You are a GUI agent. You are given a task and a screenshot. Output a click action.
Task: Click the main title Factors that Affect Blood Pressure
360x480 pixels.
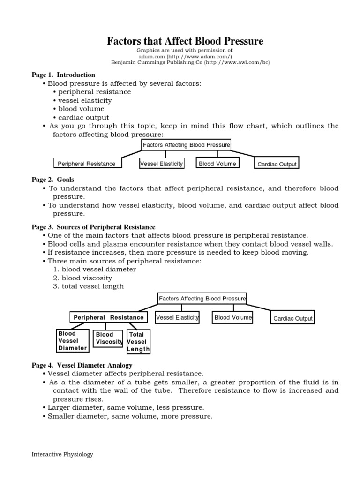point(185,41)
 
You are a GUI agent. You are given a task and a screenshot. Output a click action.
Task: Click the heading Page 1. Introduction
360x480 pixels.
point(63,75)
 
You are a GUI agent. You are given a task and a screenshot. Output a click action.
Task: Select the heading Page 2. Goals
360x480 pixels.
point(53,180)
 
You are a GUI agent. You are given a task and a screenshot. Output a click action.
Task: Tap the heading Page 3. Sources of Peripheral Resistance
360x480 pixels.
point(93,227)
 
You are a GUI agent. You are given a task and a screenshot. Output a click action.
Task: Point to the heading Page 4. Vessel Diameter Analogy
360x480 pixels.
point(82,365)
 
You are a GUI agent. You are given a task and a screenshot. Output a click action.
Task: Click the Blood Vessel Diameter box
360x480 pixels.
point(73,341)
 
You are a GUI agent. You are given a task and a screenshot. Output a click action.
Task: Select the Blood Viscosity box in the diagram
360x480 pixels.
point(108,338)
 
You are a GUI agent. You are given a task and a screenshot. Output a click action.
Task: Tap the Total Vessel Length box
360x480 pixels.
point(138,342)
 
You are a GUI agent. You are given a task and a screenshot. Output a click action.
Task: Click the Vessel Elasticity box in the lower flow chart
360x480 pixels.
point(177,317)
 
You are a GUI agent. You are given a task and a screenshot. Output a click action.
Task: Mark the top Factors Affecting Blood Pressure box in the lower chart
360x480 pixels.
point(202,298)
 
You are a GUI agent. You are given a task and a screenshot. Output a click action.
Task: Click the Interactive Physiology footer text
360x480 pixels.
point(62,454)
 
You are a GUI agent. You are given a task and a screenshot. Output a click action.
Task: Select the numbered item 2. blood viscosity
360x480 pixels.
point(82,278)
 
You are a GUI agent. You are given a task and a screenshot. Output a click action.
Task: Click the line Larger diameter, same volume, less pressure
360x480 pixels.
point(126,407)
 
